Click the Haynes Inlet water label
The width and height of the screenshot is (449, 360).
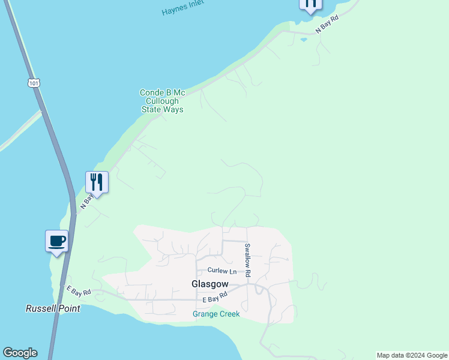coord(182,7)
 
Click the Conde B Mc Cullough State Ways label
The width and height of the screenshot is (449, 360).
coord(162,101)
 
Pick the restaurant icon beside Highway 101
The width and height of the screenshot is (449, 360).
coord(97,182)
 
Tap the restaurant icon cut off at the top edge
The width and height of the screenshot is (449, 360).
coord(310,4)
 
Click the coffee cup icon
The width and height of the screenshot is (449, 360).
coord(57,241)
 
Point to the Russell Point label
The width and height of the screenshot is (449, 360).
coord(52,308)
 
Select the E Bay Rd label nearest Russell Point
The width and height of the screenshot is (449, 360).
coord(79,292)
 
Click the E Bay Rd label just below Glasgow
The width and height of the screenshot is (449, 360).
coord(215,297)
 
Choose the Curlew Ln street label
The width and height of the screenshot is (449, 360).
coord(222,271)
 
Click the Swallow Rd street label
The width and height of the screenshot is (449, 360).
coord(247,260)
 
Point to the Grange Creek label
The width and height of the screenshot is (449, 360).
coord(216,314)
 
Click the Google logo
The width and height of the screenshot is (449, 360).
coord(20,353)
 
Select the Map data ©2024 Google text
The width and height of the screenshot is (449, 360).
coord(412,355)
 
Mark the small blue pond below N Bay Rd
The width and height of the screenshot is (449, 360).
coord(304,40)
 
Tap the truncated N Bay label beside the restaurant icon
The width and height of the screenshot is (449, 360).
coord(86,201)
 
